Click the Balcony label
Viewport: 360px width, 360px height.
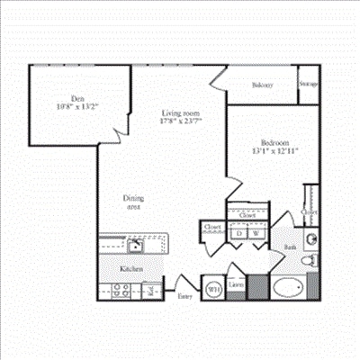pos(262,85)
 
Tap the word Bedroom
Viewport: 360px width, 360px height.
pos(274,143)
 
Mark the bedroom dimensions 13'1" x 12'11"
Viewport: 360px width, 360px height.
pos(274,151)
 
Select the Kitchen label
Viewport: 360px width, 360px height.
pos(132,268)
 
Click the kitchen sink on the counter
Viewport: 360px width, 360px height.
pos(136,245)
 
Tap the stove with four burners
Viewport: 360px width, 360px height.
pos(121,290)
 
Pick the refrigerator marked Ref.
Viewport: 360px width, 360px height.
pos(154,289)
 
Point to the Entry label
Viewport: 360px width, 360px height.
pos(184,295)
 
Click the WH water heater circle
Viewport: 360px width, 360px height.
pos(214,289)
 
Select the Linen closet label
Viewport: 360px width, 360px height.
pos(236,286)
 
